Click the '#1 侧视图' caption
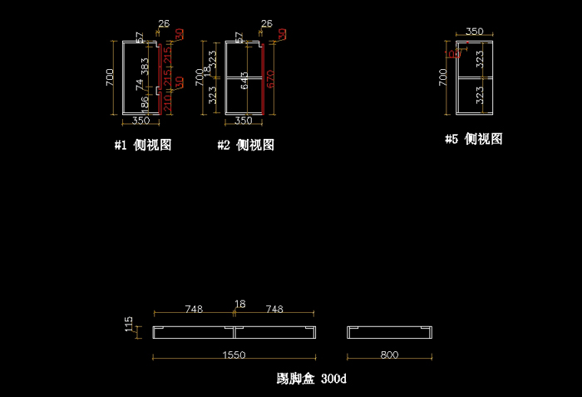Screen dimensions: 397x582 (x=143, y=145)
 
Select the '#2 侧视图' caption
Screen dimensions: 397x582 (x=246, y=145)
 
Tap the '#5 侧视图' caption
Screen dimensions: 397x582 (x=473, y=139)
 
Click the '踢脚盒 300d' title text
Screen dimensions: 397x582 (x=311, y=379)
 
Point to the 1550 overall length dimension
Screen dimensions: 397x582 (x=234, y=355)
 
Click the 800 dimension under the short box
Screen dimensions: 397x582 (x=389, y=355)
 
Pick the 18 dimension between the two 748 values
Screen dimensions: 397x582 (x=240, y=305)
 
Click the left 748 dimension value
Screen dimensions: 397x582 (x=194, y=309)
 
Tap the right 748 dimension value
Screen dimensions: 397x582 (x=274, y=309)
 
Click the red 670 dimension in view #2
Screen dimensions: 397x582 (x=270, y=79)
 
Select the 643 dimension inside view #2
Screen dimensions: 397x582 (x=244, y=81)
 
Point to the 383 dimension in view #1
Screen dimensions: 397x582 (x=145, y=66)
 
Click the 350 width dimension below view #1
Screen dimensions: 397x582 (x=141, y=121)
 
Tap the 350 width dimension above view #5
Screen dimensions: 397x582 (x=474, y=32)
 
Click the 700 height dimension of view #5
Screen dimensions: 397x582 (x=442, y=77)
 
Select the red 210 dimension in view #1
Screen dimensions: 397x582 (x=166, y=103)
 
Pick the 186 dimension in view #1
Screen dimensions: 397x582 (x=145, y=103)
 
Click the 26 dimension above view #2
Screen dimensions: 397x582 (x=266, y=23)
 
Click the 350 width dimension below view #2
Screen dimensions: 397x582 (x=243, y=121)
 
